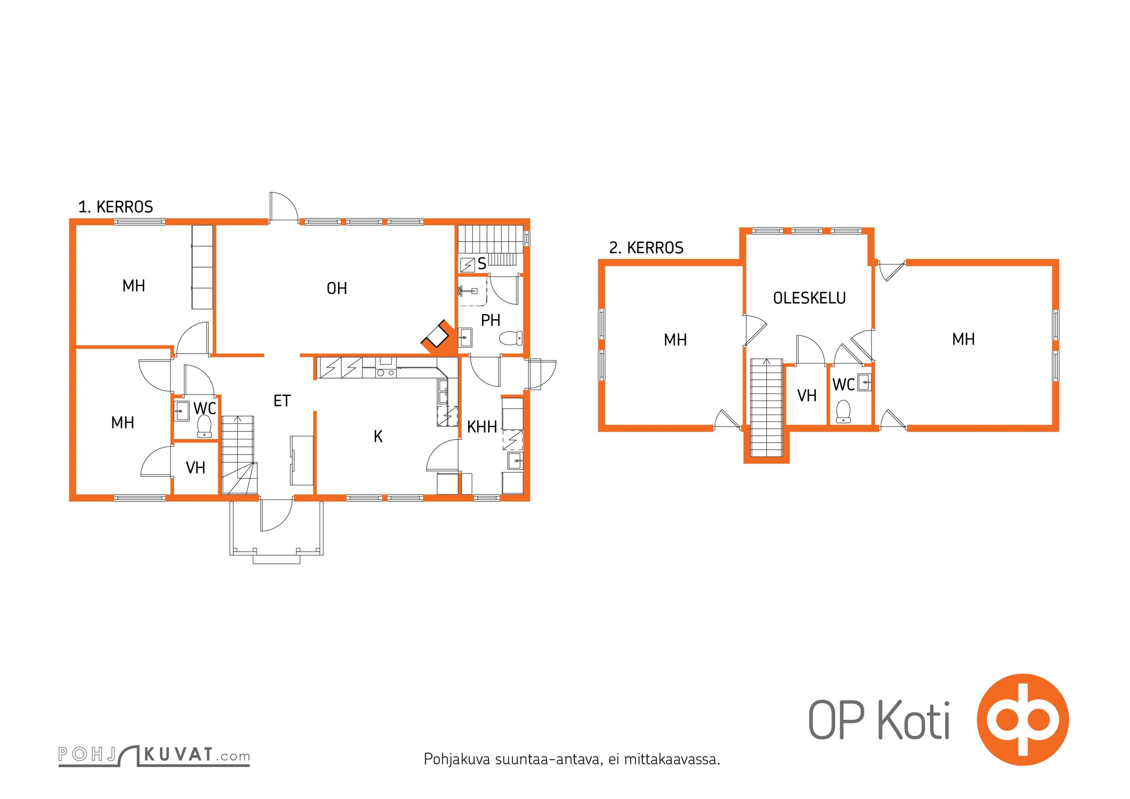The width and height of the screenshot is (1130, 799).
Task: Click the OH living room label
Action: (x=337, y=288)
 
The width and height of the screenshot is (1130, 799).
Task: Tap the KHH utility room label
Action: (x=482, y=427)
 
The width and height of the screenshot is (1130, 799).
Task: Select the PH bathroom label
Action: (x=491, y=320)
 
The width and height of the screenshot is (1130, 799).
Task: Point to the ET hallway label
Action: (x=282, y=400)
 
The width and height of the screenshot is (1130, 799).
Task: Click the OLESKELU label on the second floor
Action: (x=809, y=298)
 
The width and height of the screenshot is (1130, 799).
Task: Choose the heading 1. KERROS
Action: (x=115, y=207)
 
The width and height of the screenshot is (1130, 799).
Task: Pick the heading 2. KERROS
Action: (x=646, y=248)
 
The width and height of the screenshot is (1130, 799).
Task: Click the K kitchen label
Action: (x=378, y=436)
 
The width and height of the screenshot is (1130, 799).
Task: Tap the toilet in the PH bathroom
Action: (x=511, y=338)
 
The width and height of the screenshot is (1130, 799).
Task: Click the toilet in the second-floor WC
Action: (x=843, y=411)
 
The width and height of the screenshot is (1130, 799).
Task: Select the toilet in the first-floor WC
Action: (x=204, y=426)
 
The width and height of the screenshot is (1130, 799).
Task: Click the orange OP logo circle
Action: (x=1023, y=720)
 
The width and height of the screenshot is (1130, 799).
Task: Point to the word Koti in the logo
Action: (x=914, y=720)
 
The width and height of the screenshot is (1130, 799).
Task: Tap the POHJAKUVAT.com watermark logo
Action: (x=154, y=755)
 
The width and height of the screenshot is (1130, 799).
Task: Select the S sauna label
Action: (x=482, y=264)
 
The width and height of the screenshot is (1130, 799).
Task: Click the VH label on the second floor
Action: (x=807, y=396)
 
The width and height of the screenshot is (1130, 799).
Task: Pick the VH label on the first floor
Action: (x=195, y=467)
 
